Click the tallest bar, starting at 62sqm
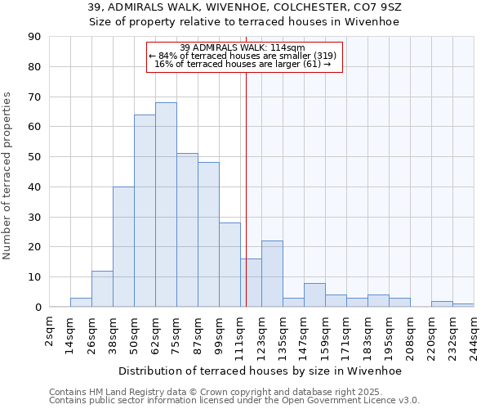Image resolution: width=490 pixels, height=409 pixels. point(166,204)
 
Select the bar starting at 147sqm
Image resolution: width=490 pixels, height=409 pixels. point(314,295)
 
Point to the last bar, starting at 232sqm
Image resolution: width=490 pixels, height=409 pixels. point(463,305)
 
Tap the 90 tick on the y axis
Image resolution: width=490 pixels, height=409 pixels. point(34,37)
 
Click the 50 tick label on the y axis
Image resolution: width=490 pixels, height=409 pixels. point(34,157)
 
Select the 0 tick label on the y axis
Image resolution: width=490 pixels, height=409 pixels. point(38,307)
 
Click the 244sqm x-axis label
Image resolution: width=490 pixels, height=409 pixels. point(474,335)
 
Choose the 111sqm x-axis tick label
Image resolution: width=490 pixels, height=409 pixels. point(241,335)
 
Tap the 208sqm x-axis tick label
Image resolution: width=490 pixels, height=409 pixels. point(410,335)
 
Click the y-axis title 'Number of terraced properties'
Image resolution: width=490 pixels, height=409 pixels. point(8,176)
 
